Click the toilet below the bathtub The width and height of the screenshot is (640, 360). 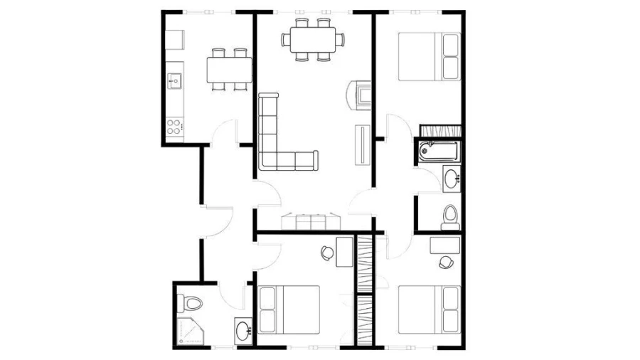click(449, 215)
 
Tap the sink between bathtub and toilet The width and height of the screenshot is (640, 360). click(452, 178)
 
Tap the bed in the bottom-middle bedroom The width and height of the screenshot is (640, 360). click(289, 309)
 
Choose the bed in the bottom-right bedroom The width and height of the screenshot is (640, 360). click(429, 309)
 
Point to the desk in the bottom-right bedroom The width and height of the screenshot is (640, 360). click(445, 245)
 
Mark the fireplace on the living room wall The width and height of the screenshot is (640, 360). click(358, 95)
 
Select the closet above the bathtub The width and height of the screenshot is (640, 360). click(440, 131)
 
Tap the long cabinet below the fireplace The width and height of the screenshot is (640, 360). click(362, 144)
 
